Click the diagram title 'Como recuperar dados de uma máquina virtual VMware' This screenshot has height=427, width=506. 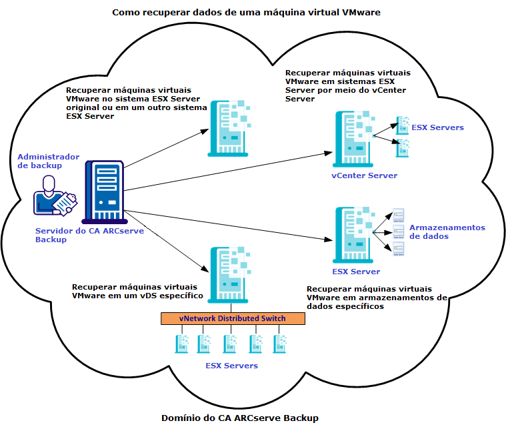(246, 12)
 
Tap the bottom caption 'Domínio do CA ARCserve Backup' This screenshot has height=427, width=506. (240, 418)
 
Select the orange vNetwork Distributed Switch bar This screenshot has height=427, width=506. (232, 319)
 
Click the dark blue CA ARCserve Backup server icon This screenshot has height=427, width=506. (103, 191)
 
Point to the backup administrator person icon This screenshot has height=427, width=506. (55, 195)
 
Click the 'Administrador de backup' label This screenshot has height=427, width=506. (48, 160)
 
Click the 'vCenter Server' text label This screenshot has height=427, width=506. (364, 175)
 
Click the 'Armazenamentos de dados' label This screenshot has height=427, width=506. (447, 232)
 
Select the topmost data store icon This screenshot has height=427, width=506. (399, 215)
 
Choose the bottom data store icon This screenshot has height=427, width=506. (399, 248)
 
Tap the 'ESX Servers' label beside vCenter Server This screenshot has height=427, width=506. (437, 127)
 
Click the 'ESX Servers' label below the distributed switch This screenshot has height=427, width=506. (231, 366)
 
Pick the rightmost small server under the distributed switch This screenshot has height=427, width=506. (280, 344)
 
